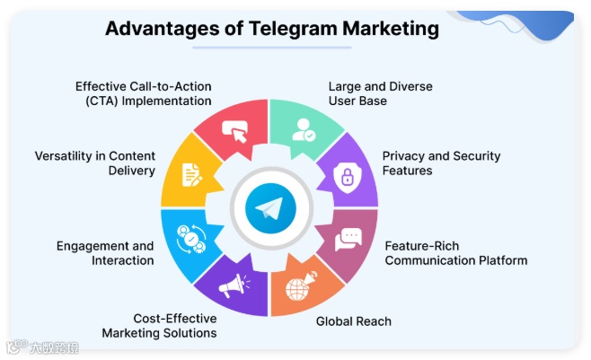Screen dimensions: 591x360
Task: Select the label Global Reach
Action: pyautogui.click(x=354, y=320)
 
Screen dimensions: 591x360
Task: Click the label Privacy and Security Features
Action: pyautogui.click(x=441, y=162)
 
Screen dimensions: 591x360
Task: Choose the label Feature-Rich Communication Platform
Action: pyautogui.click(x=455, y=252)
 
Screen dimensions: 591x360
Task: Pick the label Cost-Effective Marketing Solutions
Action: pyautogui.click(x=159, y=325)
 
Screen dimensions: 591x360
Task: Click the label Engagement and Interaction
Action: pyautogui.click(x=104, y=252)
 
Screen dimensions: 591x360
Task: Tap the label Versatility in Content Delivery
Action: pyautogui.click(x=94, y=162)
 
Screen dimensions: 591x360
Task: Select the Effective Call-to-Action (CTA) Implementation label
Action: pyautogui.click(x=143, y=93)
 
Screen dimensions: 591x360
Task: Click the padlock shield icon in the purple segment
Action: pyautogui.click(x=345, y=177)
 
